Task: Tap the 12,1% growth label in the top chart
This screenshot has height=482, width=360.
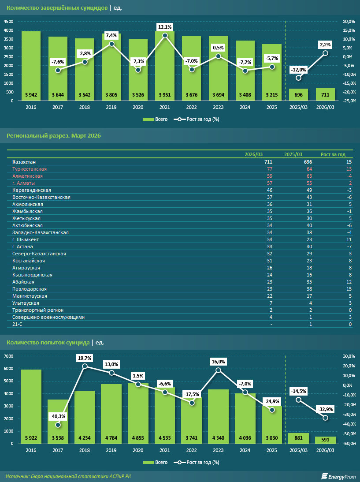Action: [165, 27]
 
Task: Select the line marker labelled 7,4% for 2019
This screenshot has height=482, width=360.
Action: [111, 44]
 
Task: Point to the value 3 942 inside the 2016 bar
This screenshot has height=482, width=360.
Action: [31, 95]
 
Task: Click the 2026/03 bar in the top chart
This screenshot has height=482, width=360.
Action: [325, 94]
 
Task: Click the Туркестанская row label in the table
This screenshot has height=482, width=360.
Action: [30, 169]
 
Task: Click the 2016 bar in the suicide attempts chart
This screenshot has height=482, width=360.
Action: [31, 406]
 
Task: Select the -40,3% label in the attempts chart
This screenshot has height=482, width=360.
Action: [58, 416]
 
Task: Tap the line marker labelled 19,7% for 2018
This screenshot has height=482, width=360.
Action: [85, 366]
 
